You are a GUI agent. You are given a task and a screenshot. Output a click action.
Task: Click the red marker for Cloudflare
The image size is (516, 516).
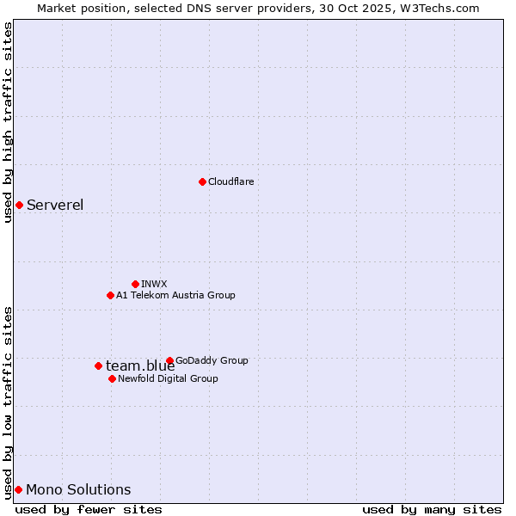202,181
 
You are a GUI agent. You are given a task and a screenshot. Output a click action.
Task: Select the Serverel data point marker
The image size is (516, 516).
19,205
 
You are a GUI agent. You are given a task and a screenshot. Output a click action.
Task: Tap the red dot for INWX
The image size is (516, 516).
135,284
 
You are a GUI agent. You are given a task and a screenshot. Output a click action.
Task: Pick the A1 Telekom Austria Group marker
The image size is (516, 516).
110,295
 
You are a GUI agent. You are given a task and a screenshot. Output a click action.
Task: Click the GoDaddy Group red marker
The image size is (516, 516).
169,360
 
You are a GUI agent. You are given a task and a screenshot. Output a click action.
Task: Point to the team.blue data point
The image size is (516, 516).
98,365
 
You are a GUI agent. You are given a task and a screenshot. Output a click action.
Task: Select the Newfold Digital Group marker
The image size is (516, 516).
112,378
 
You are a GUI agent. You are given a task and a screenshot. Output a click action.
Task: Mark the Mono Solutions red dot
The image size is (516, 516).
18,489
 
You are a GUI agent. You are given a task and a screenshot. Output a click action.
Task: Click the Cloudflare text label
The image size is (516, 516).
230,181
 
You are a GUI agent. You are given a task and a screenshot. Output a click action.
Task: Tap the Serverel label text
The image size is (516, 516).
55,205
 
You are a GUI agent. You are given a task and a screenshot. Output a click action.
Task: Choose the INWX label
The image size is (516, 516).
154,284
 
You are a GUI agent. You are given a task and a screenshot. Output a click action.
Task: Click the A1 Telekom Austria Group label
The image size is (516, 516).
175,295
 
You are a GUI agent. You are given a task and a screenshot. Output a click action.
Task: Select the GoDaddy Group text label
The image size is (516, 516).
212,360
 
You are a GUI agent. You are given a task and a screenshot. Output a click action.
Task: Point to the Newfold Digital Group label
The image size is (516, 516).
168,378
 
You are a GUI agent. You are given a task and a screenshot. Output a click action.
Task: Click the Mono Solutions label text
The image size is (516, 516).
78,489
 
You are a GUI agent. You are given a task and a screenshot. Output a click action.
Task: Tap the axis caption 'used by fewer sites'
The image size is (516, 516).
89,509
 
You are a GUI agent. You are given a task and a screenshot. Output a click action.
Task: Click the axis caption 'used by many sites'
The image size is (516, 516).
432,509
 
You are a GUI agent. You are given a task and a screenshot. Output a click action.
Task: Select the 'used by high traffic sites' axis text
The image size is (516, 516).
8,122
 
